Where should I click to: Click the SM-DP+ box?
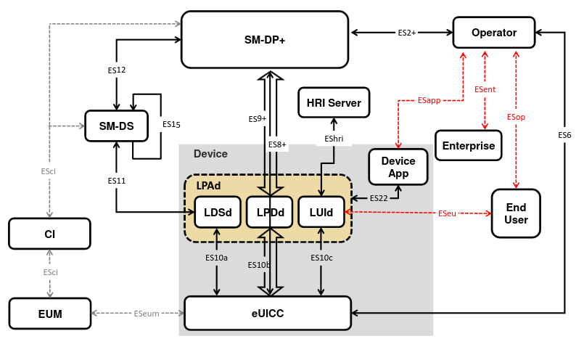264,40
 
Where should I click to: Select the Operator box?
493,33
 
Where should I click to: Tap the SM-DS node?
116,126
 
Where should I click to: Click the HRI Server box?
334,102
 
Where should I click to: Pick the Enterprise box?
468,145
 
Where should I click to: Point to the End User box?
516,213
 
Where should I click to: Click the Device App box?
398,167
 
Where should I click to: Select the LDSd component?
217,212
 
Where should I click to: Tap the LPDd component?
269,212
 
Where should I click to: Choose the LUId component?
321,212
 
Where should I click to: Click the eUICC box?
267,313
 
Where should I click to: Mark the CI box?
49,234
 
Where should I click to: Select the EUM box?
49,314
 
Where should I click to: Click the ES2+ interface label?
407,33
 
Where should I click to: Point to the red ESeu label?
448,213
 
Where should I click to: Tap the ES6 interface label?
564,135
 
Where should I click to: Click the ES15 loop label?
171,124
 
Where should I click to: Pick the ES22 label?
378,198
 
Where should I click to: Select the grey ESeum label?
146,314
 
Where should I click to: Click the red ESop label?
516,117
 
